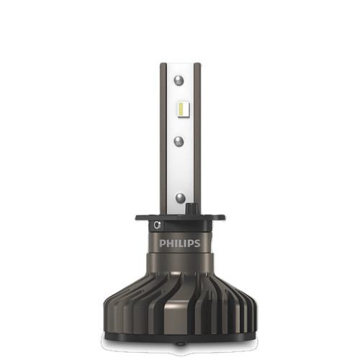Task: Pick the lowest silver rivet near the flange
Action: pos(179,196)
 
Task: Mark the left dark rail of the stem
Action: pos(163,137)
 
